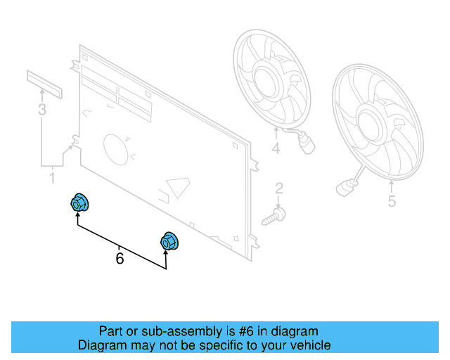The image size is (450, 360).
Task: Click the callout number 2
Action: [x=279, y=188]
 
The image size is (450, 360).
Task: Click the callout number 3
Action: [x=42, y=110]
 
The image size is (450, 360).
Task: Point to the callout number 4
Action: [x=276, y=148]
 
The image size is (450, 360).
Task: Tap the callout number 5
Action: [x=392, y=202]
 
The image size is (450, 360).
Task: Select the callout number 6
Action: [x=120, y=259]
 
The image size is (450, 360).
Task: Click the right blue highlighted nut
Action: [x=169, y=240]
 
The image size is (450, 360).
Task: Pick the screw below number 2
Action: [x=275, y=214]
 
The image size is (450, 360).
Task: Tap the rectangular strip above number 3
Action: [x=45, y=84]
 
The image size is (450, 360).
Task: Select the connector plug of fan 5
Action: [x=344, y=188]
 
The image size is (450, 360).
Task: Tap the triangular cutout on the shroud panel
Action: [x=177, y=188]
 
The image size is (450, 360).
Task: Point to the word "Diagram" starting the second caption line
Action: [x=101, y=345]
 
